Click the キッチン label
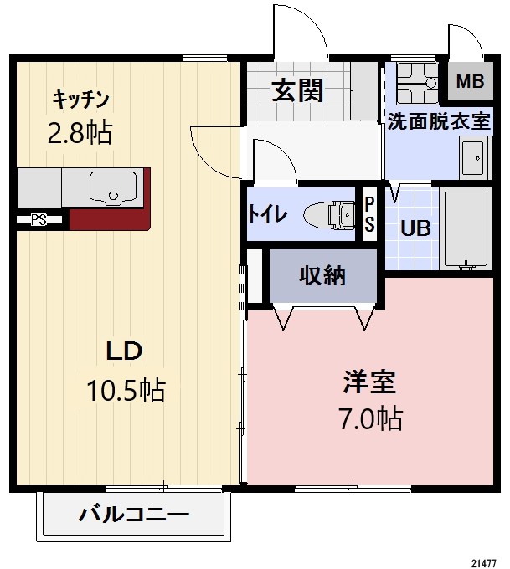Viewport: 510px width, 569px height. pos(81,99)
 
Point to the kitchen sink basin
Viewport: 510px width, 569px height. pos(113,187)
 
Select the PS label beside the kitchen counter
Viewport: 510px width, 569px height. pos(39,221)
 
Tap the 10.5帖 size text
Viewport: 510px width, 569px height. pos(126,389)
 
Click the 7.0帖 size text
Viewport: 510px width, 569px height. pos(368,418)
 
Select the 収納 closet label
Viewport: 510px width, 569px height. pos(322,274)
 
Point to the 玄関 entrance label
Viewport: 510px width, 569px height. pos(297,90)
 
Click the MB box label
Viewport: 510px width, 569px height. pos(470,82)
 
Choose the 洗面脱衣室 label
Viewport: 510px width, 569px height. pos(438,120)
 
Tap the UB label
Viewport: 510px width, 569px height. pos(415,228)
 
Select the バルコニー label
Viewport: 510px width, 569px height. pos(134,514)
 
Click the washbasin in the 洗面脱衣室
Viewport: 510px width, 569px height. pos(473,156)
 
